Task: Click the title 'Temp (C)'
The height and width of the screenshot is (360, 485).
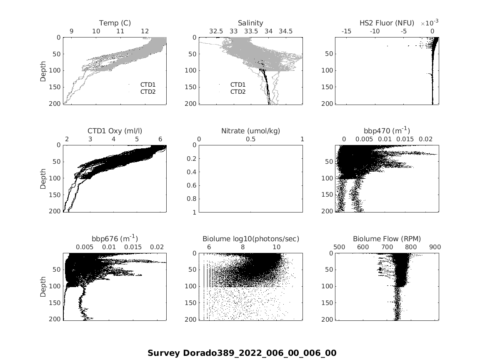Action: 115,23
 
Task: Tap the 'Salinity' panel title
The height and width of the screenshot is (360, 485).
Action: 250,23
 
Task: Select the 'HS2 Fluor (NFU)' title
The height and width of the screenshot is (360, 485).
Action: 387,23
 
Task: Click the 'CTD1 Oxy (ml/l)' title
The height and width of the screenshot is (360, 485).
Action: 115,131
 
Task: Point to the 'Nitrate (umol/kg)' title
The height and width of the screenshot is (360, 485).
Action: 250,131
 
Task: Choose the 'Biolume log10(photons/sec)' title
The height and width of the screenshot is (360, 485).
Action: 250,239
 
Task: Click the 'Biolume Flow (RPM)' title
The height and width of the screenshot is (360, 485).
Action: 387,239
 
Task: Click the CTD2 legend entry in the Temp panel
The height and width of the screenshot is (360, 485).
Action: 147,92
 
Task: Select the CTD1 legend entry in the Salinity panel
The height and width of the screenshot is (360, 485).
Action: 238,85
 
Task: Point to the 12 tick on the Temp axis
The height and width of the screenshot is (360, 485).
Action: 145,31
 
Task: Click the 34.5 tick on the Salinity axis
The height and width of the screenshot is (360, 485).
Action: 285,31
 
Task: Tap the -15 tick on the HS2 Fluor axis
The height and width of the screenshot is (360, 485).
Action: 346,31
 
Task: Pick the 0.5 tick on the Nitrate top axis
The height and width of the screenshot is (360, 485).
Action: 250,139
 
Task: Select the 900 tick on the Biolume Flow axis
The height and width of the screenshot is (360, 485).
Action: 435,247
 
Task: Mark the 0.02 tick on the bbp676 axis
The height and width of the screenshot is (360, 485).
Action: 157,247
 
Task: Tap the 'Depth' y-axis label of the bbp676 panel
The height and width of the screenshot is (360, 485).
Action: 43,286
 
